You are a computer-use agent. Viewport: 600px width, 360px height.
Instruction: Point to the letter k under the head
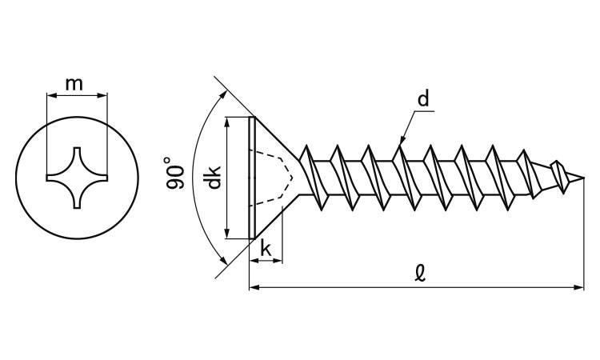coord(267,248)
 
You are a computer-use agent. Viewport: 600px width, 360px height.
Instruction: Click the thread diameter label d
coord(423,99)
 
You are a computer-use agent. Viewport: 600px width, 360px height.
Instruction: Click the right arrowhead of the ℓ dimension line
coord(581,286)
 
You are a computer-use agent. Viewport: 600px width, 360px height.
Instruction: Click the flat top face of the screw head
coord(252,178)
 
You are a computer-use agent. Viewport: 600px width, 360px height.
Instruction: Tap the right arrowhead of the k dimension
coord(281,261)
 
